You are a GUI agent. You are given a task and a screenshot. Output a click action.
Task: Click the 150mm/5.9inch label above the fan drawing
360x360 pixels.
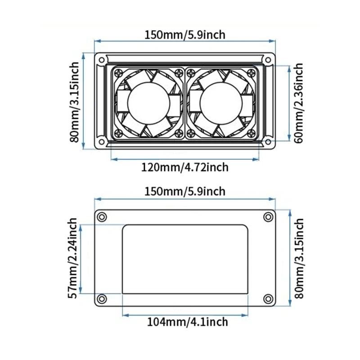(184, 34)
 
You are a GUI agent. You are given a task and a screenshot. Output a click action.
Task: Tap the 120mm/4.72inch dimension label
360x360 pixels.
(185, 167)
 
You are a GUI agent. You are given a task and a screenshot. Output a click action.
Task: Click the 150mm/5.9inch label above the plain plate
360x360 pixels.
(184, 191)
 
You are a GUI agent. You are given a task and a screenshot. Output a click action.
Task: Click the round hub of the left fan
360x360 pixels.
(148, 103)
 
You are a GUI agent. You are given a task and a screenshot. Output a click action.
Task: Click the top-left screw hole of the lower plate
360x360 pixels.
(103, 217)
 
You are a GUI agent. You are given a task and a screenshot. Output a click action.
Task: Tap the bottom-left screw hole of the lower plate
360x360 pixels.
(103, 299)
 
